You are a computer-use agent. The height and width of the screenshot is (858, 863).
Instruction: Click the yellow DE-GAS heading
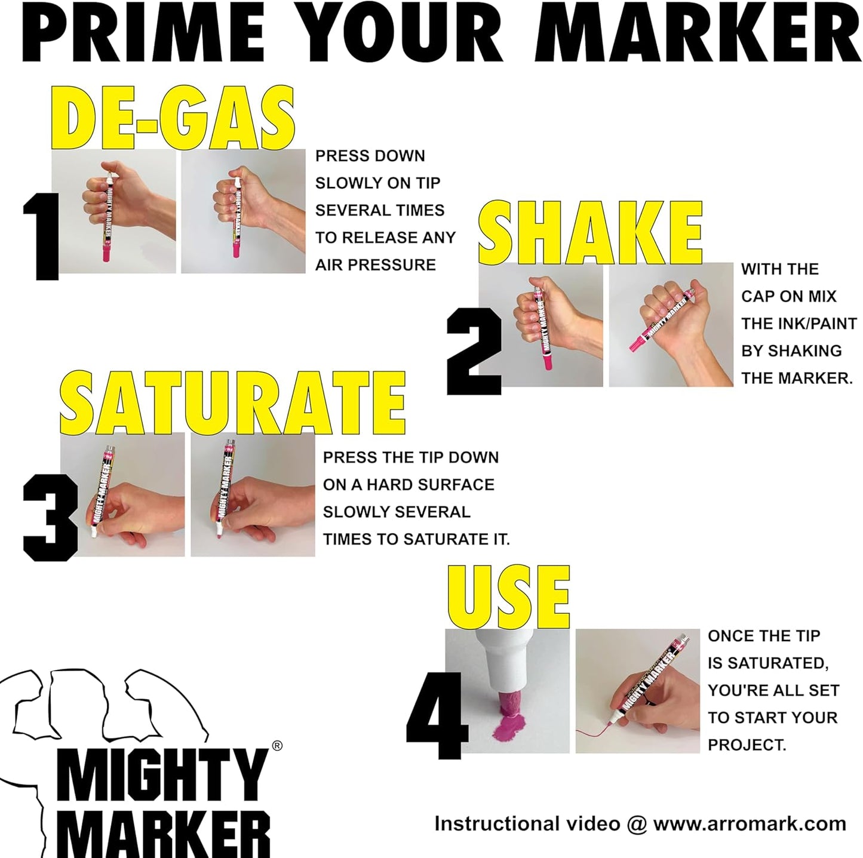(171, 119)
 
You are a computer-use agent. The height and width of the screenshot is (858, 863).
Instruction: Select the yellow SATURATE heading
(232, 402)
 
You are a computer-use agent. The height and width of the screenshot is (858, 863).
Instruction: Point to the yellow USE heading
(509, 598)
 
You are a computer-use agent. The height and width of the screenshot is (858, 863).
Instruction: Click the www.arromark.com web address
(750, 824)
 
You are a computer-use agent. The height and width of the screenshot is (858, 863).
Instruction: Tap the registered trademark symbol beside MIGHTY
(277, 745)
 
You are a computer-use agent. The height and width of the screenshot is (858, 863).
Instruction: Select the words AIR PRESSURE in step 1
(376, 265)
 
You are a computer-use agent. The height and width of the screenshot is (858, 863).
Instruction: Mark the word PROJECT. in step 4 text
(747, 745)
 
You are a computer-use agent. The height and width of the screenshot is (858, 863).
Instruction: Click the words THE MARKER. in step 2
(797, 378)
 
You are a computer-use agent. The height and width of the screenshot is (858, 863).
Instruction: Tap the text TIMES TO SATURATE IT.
(416, 539)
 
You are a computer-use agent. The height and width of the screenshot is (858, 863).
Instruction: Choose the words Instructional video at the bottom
(527, 824)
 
